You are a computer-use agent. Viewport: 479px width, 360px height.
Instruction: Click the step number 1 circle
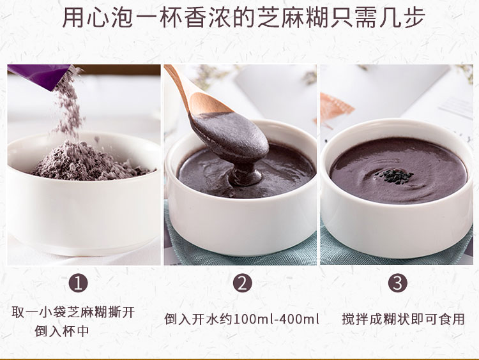[x=79, y=283]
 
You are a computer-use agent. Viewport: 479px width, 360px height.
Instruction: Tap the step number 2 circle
[x=242, y=283]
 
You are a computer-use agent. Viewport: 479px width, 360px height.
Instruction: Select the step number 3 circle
[x=399, y=283]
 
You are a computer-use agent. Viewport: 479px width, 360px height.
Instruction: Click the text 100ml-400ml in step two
[x=277, y=319]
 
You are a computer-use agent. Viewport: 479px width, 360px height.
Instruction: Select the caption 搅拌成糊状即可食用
[x=403, y=319]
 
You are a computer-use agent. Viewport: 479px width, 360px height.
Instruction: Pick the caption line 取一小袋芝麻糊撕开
[x=73, y=313]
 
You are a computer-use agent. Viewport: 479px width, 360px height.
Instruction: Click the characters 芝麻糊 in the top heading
[x=295, y=18]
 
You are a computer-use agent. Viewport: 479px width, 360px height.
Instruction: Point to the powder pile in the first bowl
[x=89, y=165]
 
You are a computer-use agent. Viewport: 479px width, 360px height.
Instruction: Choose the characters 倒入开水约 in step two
[x=198, y=319]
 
